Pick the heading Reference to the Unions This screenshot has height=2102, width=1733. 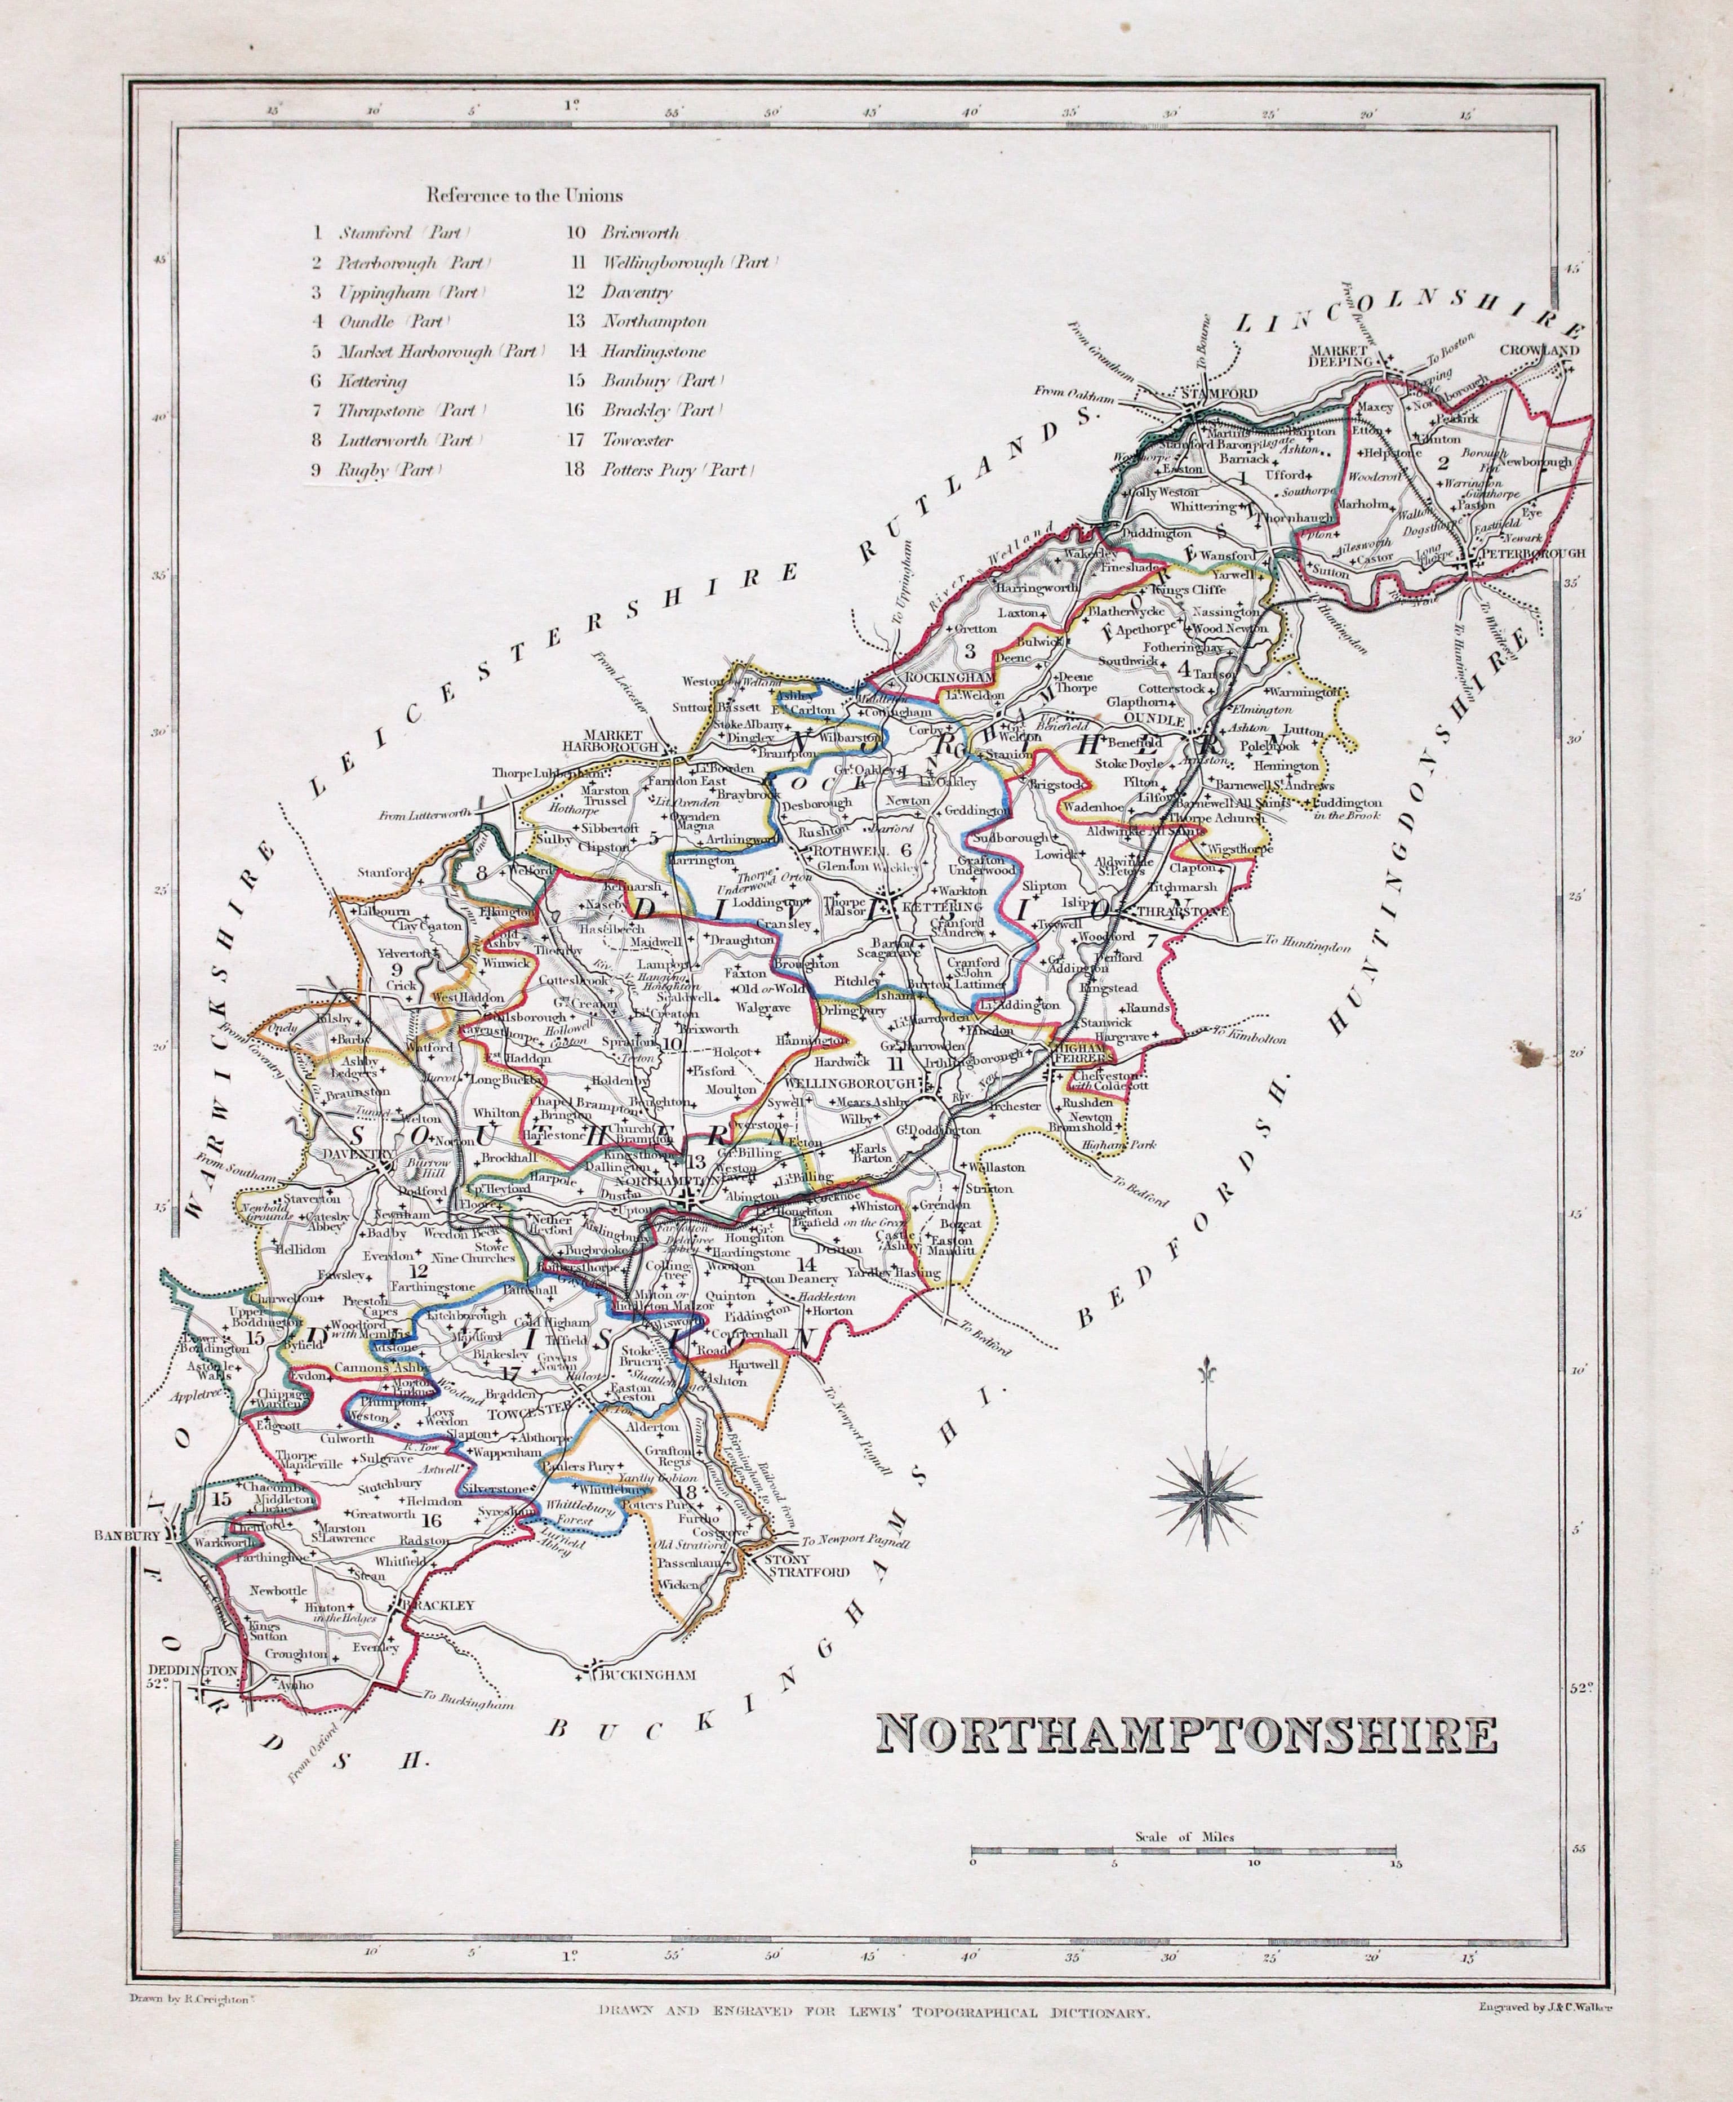click(524, 195)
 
